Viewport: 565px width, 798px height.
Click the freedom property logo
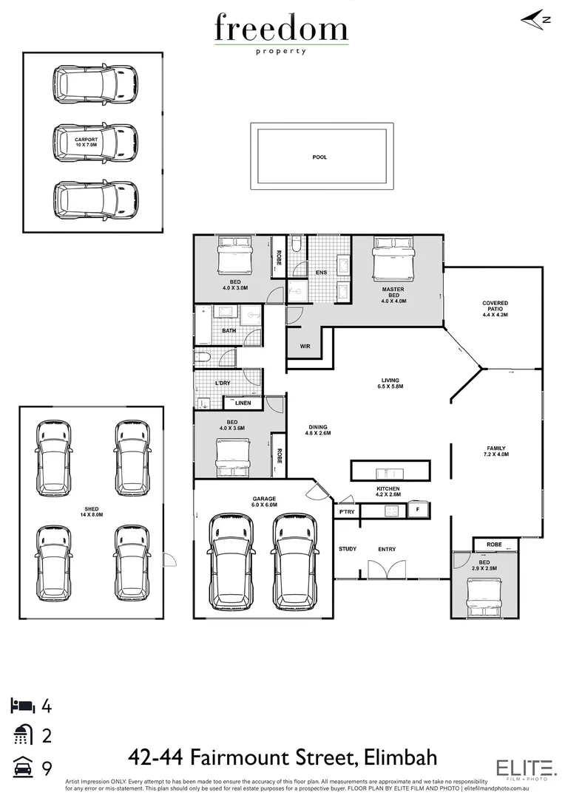tap(282, 33)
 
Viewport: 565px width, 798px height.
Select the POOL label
tap(319, 157)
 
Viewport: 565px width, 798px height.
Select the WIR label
tap(305, 346)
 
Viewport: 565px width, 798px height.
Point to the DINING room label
tap(318, 430)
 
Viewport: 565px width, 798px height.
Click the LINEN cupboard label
tap(243, 403)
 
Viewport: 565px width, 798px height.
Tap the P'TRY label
tap(345, 511)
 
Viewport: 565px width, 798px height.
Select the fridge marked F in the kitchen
tap(418, 510)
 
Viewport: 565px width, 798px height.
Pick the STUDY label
tap(348, 549)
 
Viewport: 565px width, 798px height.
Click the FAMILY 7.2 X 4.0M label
tap(497, 451)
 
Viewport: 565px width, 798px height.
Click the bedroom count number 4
tap(47, 706)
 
